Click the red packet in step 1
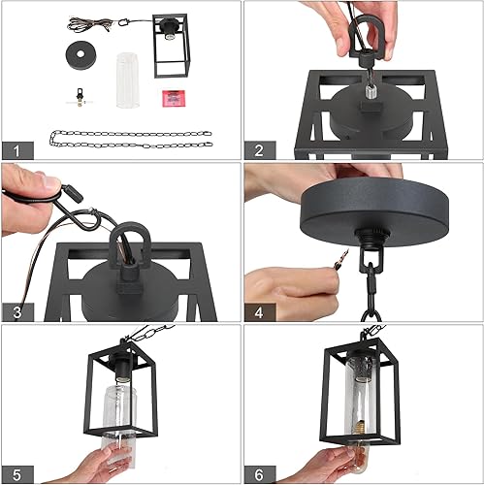[x=174, y=97]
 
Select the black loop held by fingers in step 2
[x=370, y=40]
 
